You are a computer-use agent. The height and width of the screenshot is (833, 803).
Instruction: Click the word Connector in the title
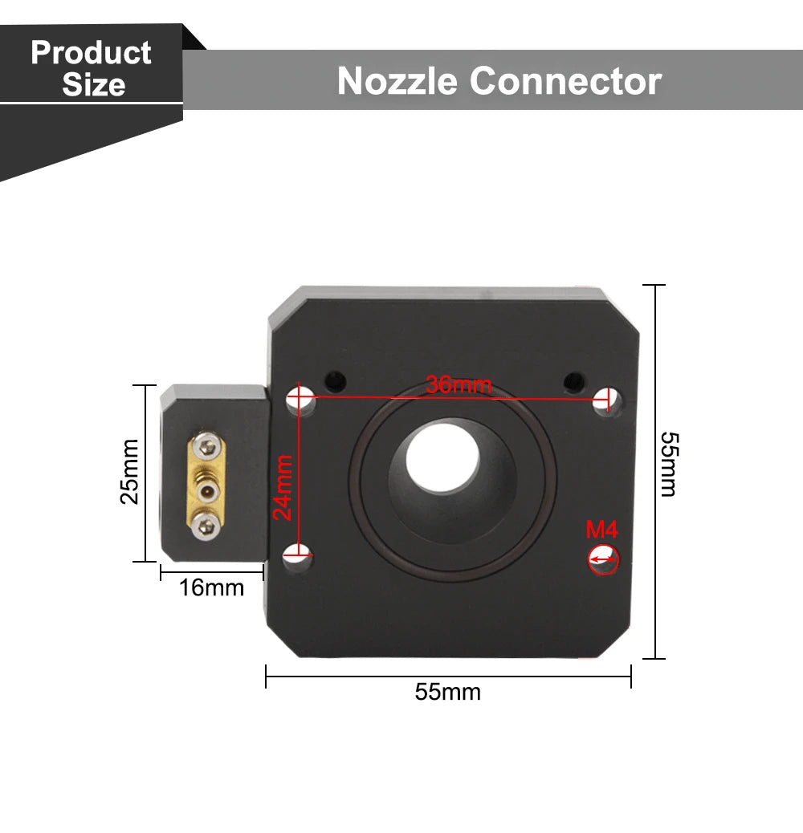(565, 81)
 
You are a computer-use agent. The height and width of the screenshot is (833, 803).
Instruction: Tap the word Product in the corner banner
(91, 53)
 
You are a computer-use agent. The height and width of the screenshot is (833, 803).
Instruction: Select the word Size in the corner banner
(94, 84)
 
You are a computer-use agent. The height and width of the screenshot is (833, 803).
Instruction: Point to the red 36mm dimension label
(459, 384)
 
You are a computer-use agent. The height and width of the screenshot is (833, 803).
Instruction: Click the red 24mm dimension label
(283, 487)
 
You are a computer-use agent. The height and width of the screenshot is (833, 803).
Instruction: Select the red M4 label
(601, 530)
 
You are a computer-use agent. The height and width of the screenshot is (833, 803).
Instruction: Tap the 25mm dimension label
(129, 471)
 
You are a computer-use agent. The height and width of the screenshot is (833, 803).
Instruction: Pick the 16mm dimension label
(211, 587)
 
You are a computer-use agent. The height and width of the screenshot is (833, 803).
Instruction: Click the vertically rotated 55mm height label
(668, 464)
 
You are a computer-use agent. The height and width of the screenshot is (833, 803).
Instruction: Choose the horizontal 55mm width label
(447, 692)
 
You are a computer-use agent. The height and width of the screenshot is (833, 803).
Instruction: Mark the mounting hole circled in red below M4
(603, 559)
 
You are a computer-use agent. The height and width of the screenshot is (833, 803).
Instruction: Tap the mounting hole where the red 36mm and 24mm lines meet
(301, 398)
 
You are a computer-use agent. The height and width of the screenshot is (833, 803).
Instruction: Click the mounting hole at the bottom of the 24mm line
(300, 553)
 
